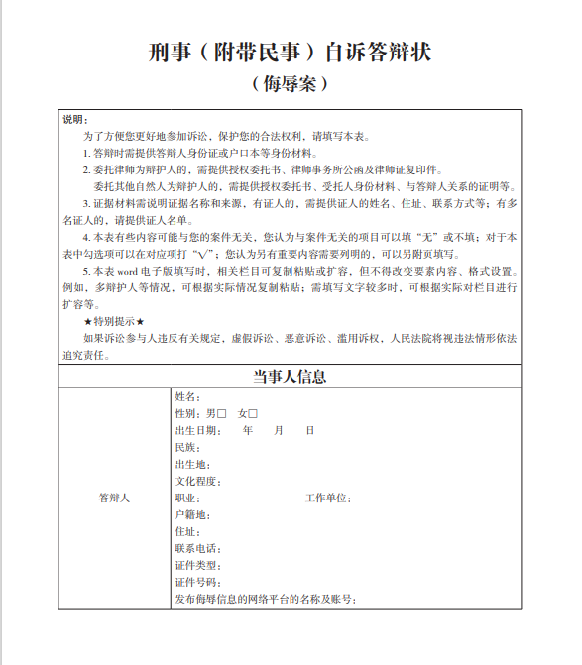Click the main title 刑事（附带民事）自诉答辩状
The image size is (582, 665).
tap(290, 51)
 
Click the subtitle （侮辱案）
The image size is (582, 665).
tap(290, 85)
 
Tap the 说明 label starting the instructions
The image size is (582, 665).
tap(75, 120)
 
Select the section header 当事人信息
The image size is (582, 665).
tap(290, 377)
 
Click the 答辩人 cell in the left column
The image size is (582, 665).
tap(114, 498)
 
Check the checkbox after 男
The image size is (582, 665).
tap(222, 413)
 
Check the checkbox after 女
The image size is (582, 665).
tap(253, 413)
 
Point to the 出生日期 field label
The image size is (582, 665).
tap(195, 430)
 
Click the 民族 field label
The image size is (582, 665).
tap(186, 447)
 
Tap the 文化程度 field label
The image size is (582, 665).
tap(195, 481)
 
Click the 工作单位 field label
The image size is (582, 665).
tap(326, 498)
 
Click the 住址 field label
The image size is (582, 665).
tap(186, 531)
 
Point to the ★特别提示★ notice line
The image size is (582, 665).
tap(114, 322)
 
